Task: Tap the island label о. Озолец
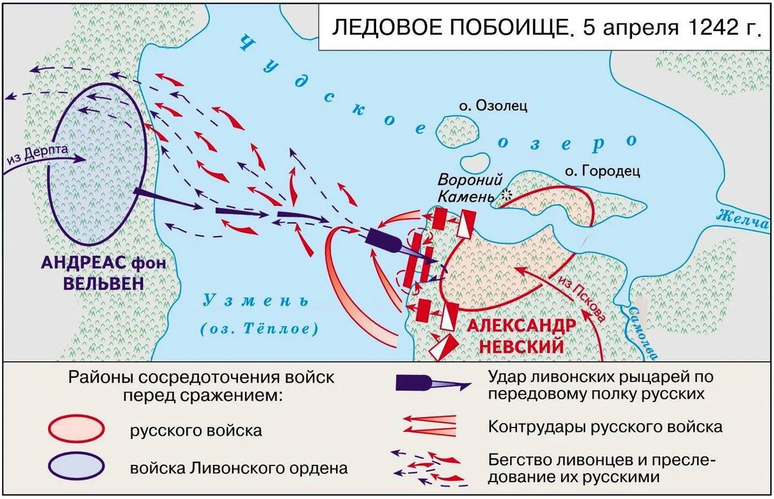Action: pyautogui.click(x=488, y=105)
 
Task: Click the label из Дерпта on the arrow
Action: pyautogui.click(x=39, y=157)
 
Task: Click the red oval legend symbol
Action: pyautogui.click(x=76, y=428)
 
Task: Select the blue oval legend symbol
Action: pyautogui.click(x=76, y=465)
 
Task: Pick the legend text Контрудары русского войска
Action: pyautogui.click(x=605, y=426)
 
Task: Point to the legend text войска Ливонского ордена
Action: pyautogui.click(x=239, y=467)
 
